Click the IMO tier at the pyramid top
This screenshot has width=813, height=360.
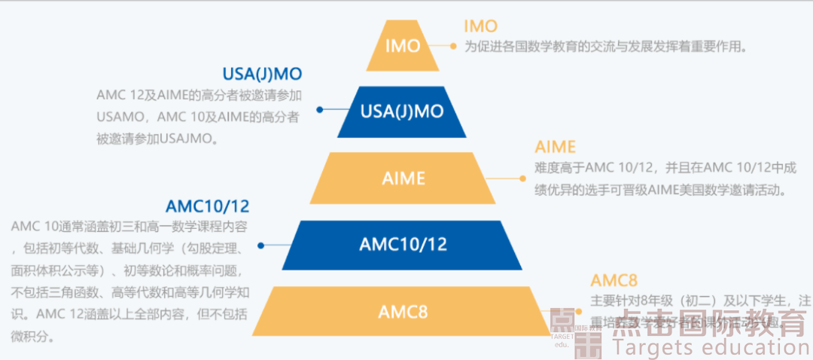pos(403,46)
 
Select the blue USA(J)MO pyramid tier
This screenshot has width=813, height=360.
pos(402,111)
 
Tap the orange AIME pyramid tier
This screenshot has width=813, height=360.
pos(403,178)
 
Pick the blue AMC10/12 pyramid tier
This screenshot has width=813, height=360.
pos(403,244)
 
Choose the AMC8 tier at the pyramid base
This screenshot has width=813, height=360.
pos(403,311)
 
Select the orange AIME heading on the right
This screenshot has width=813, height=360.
pos(555,147)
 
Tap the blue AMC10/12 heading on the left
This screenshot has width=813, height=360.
pos(207,206)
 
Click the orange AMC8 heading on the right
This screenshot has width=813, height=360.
pos(614,280)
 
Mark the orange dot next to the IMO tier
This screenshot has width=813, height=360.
pos(453,46)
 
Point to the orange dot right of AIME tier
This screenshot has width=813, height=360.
pos(522,178)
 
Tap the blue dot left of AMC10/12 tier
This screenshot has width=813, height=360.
pos(260,245)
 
